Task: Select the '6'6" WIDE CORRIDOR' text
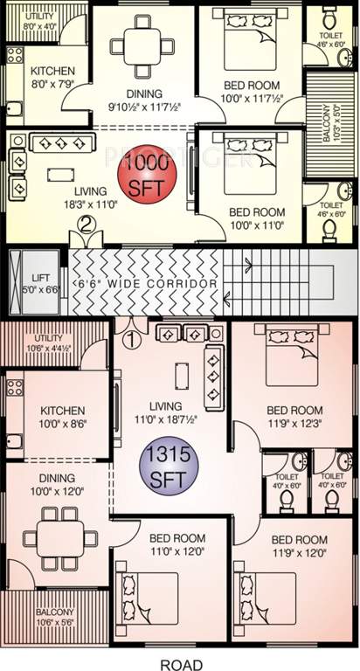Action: pos(144,284)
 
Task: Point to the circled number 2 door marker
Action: pos(86,223)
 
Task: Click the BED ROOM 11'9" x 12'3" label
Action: pos(294,416)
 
